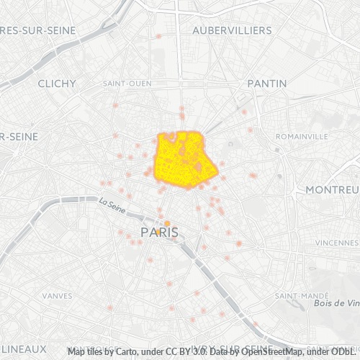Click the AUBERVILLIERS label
[232, 30]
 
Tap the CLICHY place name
[57, 84]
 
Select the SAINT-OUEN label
[127, 84]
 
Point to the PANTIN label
[266, 84]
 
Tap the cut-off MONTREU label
[332, 189]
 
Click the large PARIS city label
[159, 233]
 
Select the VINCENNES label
[336, 243]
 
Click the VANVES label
[57, 295]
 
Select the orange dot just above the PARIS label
[167, 224]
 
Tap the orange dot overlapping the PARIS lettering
[158, 232]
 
